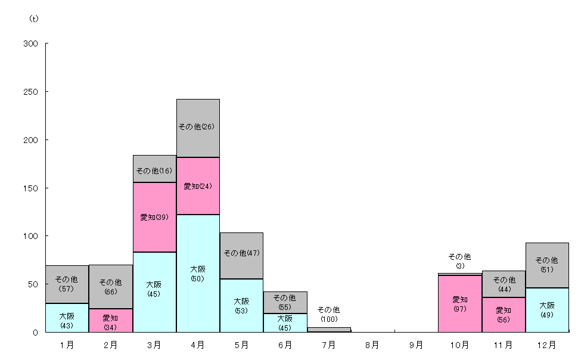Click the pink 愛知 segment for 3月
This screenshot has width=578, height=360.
(154, 218)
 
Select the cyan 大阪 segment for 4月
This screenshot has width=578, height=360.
(198, 274)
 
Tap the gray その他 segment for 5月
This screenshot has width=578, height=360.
(241, 256)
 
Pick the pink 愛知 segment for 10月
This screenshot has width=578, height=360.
(459, 304)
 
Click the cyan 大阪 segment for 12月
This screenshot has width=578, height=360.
(547, 310)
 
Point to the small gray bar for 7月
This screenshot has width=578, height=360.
(329, 330)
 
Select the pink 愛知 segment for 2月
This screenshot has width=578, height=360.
(111, 321)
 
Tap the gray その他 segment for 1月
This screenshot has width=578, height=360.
(67, 284)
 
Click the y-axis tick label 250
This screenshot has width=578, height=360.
(30, 92)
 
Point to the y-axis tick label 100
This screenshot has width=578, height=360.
(30, 236)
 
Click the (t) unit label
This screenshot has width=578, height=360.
(34, 18)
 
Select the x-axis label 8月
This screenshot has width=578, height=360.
(372, 345)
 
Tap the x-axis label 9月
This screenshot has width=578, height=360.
(416, 345)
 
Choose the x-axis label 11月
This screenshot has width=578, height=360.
(503, 345)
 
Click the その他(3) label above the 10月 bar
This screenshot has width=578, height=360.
(459, 261)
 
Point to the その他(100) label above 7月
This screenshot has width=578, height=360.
(329, 314)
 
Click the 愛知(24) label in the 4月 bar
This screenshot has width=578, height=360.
(198, 187)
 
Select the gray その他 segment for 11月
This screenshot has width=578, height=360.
(504, 284)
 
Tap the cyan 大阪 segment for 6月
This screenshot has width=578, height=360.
(285, 322)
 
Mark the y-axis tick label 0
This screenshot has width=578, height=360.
(35, 333)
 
